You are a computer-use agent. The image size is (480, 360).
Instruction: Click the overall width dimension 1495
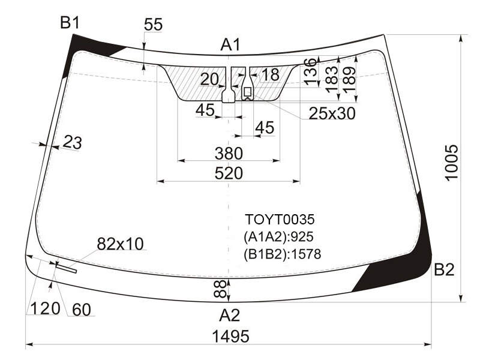point(230,336)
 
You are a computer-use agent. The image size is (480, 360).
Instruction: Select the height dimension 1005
point(452,163)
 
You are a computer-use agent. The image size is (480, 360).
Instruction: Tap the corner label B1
point(70,23)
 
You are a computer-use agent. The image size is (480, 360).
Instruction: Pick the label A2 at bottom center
point(229,315)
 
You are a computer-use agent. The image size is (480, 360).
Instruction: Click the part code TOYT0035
point(280,220)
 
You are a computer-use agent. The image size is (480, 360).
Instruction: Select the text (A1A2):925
point(278,236)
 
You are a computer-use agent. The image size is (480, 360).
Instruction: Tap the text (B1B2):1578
point(282,254)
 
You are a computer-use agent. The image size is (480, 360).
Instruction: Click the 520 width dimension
point(229,173)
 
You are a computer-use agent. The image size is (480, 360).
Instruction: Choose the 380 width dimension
point(229,154)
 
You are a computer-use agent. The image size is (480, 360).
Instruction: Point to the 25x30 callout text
point(332,113)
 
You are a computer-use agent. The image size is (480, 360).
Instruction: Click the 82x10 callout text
point(120,244)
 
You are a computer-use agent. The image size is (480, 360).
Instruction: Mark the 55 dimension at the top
point(153,25)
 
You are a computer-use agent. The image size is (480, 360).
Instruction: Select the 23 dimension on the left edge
point(72,142)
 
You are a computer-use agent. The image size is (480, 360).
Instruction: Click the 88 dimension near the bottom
point(220,289)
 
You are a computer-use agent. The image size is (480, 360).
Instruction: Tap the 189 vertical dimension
point(349,79)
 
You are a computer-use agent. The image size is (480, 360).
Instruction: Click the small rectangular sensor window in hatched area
point(247,91)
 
